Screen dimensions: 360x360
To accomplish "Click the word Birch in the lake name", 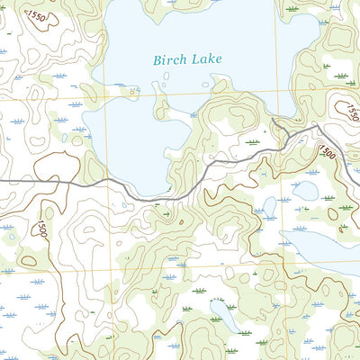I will tap(168, 60).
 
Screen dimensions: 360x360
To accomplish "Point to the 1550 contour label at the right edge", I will tap(348, 110).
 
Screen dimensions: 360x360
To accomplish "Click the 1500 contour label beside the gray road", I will tap(326, 153).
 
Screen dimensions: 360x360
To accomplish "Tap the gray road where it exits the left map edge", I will tap(2, 181).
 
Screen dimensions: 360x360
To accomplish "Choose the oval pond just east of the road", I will tap(305, 191).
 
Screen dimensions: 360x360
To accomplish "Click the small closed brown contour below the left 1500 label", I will tap(29, 261).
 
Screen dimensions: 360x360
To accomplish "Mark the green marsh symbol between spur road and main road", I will tap(255, 141).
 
